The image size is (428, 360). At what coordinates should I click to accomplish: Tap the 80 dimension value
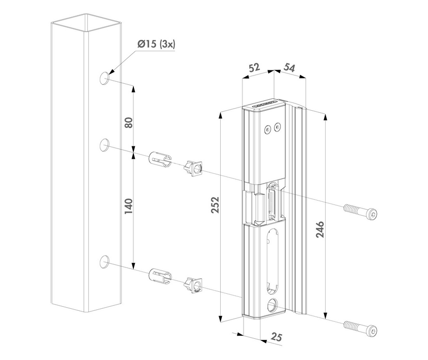(129, 122)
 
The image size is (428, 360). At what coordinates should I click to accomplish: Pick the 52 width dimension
(254, 68)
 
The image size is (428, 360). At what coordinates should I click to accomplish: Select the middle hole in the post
(105, 144)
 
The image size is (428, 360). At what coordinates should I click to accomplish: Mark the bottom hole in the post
(105, 261)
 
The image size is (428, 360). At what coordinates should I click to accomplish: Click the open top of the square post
(86, 24)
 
